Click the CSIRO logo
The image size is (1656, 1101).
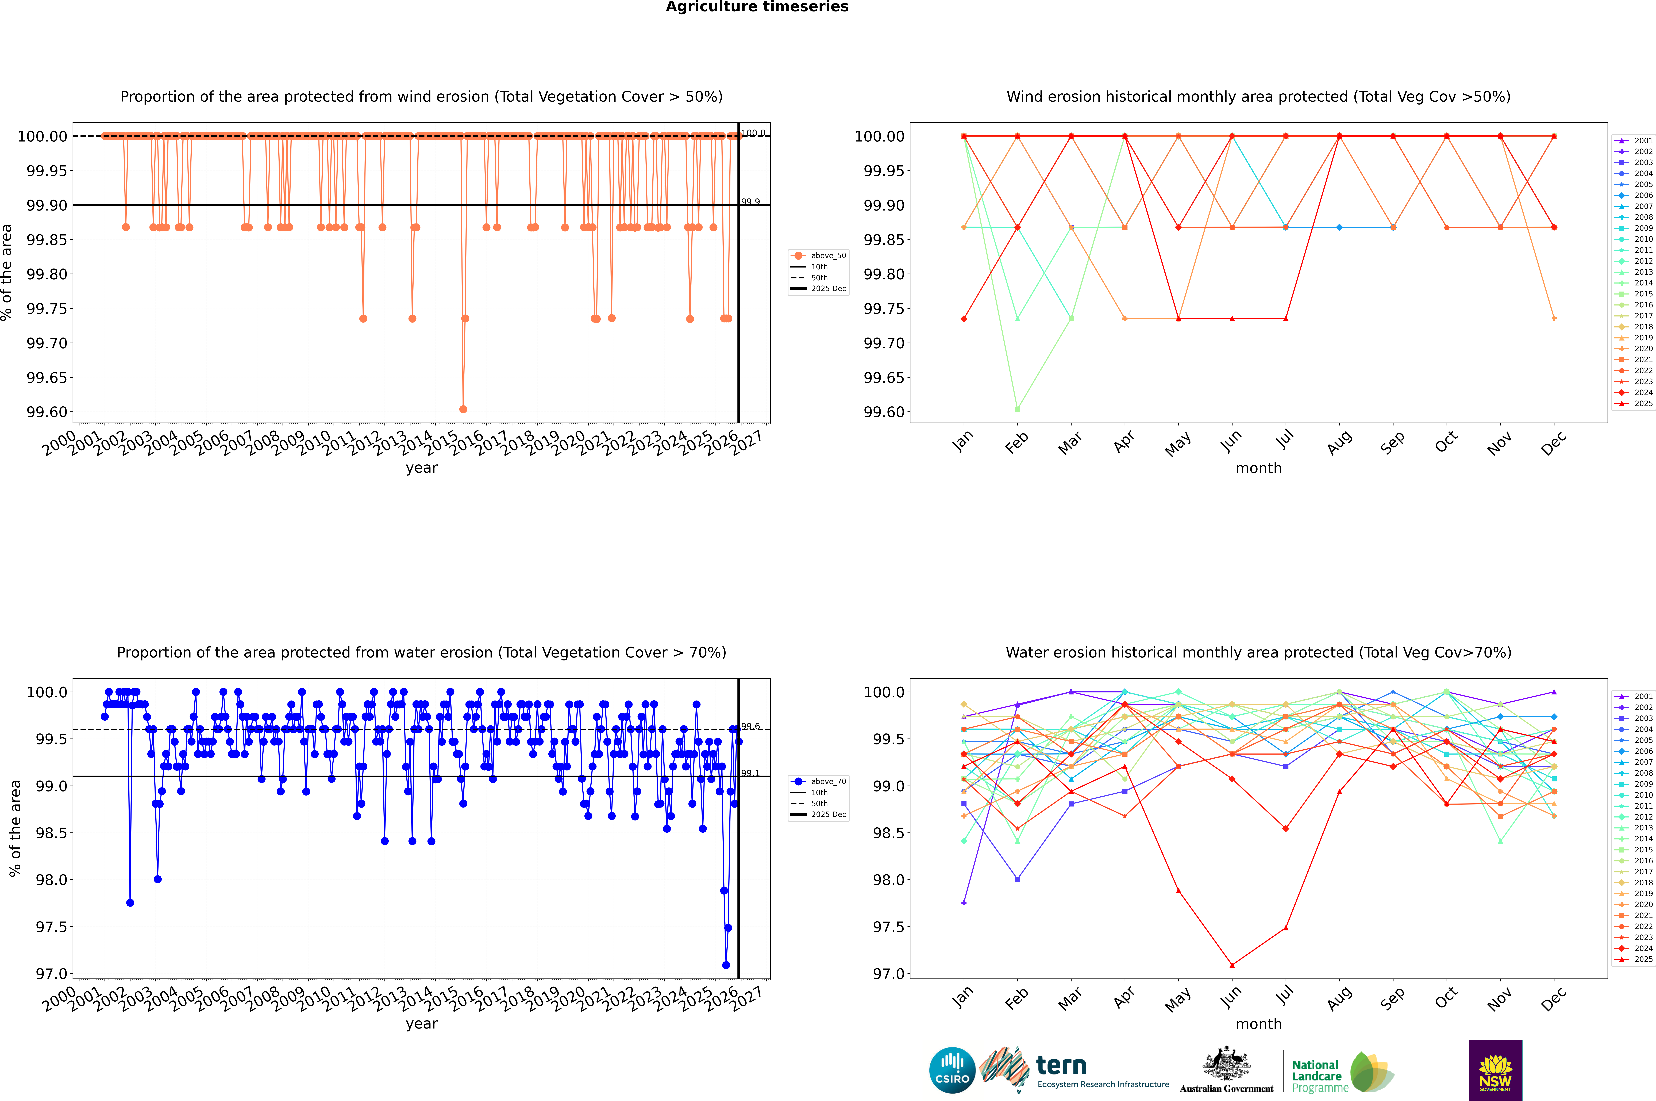point(952,1070)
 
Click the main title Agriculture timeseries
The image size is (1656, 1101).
point(757,7)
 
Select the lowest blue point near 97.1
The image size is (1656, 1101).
point(726,965)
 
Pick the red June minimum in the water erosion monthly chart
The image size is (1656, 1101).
point(1232,965)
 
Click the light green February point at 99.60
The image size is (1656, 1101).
point(1017,409)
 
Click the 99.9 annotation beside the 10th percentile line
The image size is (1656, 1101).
point(750,201)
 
